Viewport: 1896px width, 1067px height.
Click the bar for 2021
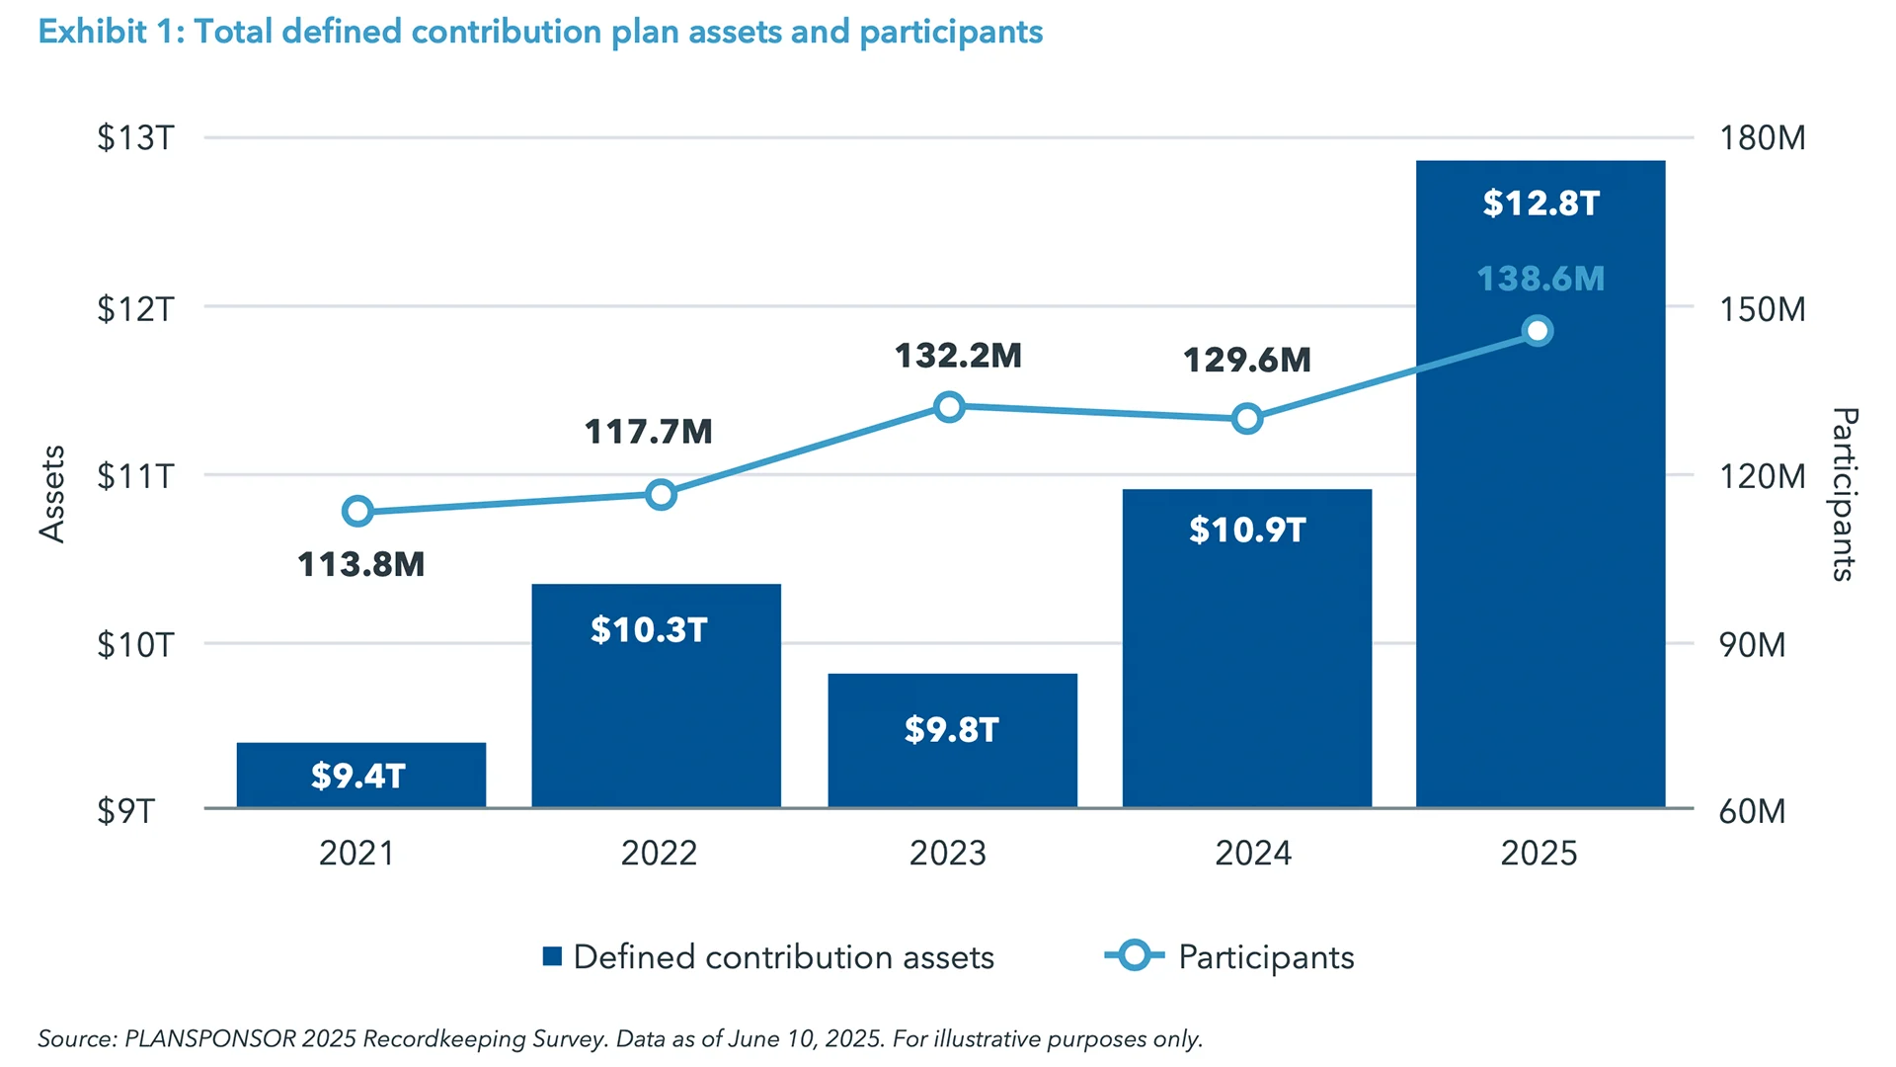pyautogui.click(x=360, y=775)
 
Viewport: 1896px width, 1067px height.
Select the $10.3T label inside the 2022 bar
pyautogui.click(x=649, y=630)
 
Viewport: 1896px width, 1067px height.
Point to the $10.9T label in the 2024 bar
pyautogui.click(x=1247, y=531)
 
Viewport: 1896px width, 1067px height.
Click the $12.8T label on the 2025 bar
pyautogui.click(x=1540, y=204)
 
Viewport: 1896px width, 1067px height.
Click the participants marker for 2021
pyautogui.click(x=357, y=511)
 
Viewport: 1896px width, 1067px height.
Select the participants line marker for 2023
pyautogui.click(x=949, y=407)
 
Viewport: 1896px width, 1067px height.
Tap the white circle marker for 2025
pyautogui.click(x=1537, y=331)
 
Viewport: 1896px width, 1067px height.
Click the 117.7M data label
pyautogui.click(x=648, y=432)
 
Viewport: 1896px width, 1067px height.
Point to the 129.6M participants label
pyautogui.click(x=1247, y=360)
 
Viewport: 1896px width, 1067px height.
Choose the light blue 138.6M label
pyautogui.click(x=1540, y=279)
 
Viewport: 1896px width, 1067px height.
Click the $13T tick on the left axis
pyautogui.click(x=135, y=137)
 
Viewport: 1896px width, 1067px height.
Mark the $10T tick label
pyautogui.click(x=135, y=645)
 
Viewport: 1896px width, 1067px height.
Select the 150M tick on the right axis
pyautogui.click(x=1762, y=309)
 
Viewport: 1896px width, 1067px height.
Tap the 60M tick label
pyautogui.click(x=1752, y=811)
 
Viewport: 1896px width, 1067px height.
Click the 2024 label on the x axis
pyautogui.click(x=1252, y=853)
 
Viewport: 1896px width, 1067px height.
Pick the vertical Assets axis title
pyautogui.click(x=52, y=493)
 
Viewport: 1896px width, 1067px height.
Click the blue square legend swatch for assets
pyautogui.click(x=553, y=956)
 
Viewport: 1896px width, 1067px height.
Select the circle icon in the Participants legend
pyautogui.click(x=1134, y=955)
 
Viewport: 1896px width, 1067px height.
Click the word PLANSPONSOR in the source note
pyautogui.click(x=209, y=1039)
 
